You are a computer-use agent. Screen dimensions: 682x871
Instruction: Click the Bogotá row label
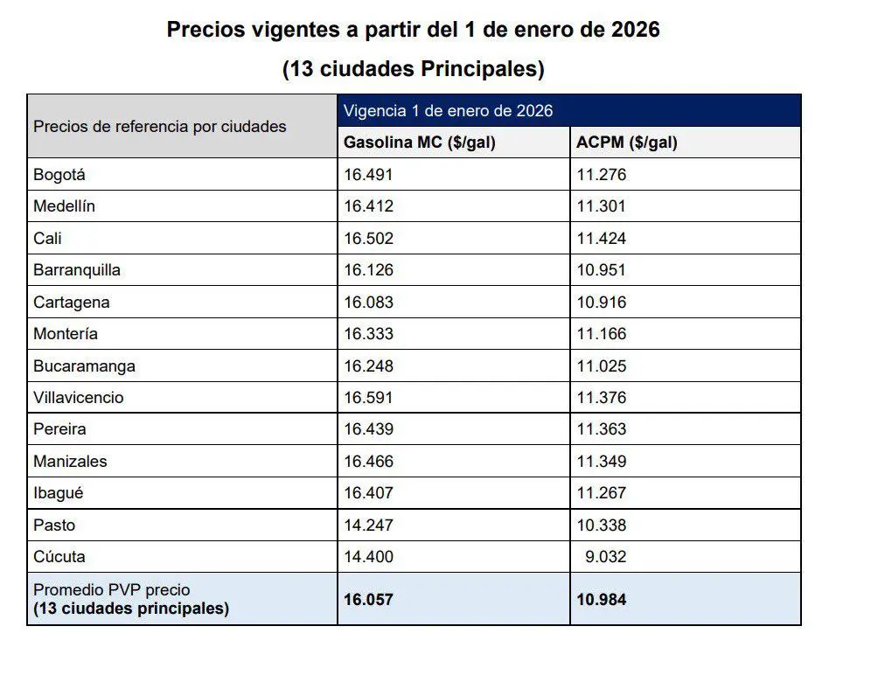pyautogui.click(x=59, y=175)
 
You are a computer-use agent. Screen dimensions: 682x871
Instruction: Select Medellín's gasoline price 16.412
pyautogui.click(x=368, y=206)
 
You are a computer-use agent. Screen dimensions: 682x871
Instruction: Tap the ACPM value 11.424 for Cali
pyautogui.click(x=602, y=239)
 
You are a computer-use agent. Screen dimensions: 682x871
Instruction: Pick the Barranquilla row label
pyautogui.click(x=77, y=270)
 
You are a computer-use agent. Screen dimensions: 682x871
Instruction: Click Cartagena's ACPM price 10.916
pyautogui.click(x=602, y=302)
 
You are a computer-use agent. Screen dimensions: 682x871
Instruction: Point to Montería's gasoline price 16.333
pyautogui.click(x=368, y=334)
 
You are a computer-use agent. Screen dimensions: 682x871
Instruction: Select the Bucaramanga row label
pyautogui.click(x=84, y=365)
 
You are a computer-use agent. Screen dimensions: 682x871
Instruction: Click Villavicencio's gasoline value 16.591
pyautogui.click(x=368, y=398)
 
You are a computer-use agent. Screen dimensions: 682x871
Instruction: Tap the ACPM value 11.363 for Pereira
pyautogui.click(x=602, y=429)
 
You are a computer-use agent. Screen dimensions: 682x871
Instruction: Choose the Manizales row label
pyautogui.click(x=70, y=461)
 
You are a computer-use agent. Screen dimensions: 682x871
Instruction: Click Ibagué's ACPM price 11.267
pyautogui.click(x=602, y=493)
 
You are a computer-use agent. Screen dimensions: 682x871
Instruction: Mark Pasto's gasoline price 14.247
pyautogui.click(x=368, y=525)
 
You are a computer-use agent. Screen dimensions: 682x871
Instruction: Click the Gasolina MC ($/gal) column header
pyautogui.click(x=420, y=143)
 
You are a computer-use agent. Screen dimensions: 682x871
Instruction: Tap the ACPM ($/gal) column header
pyautogui.click(x=627, y=143)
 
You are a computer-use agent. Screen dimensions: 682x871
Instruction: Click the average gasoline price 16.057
pyautogui.click(x=368, y=600)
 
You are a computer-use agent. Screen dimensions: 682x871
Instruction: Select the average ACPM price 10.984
pyautogui.click(x=602, y=600)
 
